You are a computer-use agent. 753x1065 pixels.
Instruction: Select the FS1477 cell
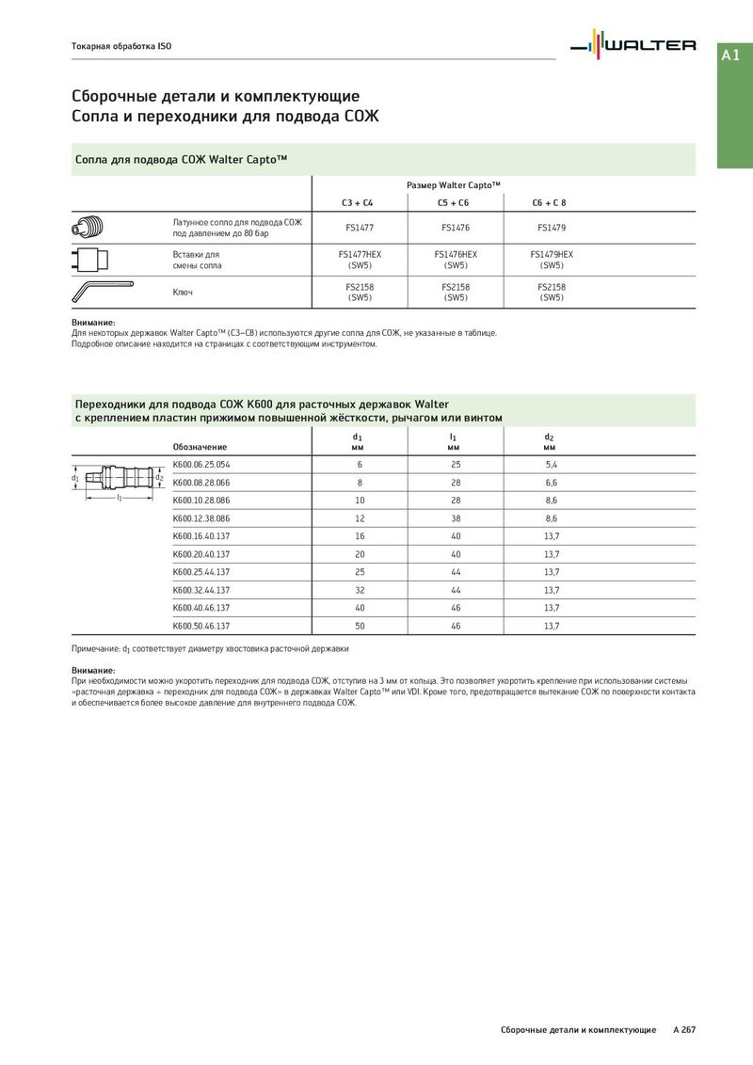coord(360,227)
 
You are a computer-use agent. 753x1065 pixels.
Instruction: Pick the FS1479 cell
coord(552,227)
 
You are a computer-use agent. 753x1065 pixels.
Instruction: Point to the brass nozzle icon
coord(91,227)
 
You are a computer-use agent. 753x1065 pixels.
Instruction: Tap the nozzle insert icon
coord(91,259)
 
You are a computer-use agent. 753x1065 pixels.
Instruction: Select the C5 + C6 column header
coord(453,202)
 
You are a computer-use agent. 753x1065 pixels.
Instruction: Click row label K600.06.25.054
coord(201,465)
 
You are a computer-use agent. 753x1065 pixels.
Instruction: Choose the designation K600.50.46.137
coord(201,626)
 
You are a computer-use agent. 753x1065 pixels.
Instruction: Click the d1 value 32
coord(360,590)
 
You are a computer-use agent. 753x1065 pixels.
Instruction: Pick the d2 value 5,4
coord(552,465)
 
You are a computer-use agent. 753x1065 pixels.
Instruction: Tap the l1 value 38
coord(456,518)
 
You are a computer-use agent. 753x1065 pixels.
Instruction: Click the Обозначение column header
coord(200,446)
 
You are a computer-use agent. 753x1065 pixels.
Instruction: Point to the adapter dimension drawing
coord(119,480)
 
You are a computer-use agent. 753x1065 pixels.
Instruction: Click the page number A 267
coord(683,1030)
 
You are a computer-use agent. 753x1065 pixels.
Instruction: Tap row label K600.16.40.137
coord(201,536)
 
